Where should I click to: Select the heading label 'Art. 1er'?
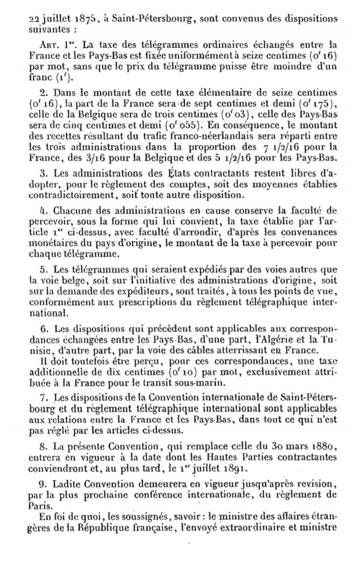point(56,44)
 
